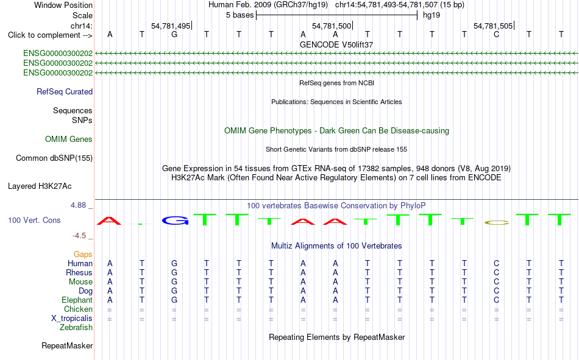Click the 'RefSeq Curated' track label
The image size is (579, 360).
tap(65, 91)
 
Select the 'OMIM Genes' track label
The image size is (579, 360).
tap(69, 139)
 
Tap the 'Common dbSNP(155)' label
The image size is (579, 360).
tap(54, 158)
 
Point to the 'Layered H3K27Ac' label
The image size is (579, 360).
tap(40, 186)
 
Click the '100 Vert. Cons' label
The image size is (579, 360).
tap(34, 221)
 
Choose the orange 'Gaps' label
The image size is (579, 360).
tap(83, 255)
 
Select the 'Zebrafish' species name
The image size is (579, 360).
tap(76, 328)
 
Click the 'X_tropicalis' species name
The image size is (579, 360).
tap(72, 319)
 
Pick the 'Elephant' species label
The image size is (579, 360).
tap(77, 300)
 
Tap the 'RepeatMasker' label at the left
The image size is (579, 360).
tap(67, 345)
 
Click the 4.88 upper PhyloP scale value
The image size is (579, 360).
tap(78, 205)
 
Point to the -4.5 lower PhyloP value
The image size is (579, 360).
tap(79, 236)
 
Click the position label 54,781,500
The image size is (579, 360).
tap(332, 26)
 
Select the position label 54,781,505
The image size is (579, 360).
tap(493, 26)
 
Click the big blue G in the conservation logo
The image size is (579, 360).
tap(175, 221)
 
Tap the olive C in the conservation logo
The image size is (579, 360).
tap(497, 223)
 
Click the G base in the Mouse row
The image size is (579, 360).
tap(174, 281)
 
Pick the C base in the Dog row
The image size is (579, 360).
tap(496, 291)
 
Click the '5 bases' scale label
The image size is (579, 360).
tap(240, 15)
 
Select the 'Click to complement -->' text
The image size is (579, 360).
tap(50, 35)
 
